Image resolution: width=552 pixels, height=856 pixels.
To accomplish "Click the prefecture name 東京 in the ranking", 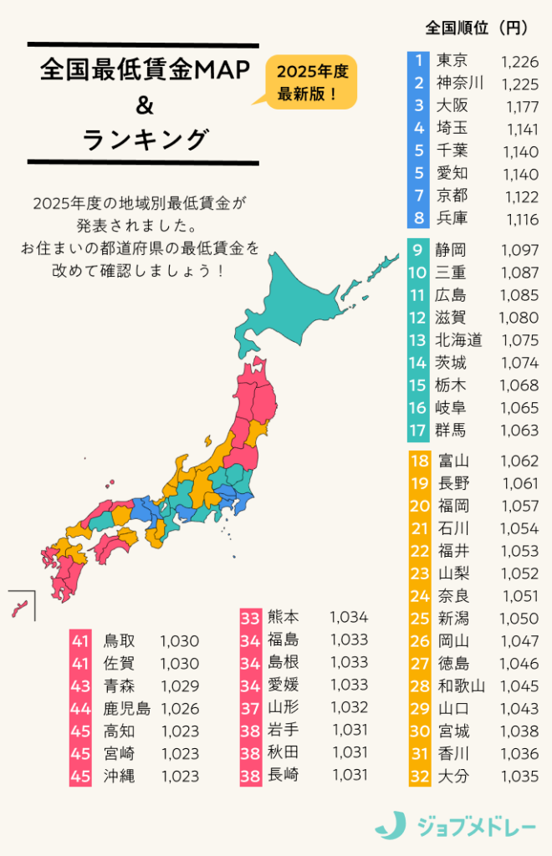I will click(452, 60).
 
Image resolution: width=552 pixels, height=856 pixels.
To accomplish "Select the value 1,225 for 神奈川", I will click(519, 83).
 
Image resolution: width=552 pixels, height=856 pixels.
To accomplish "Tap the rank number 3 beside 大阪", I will click(419, 105).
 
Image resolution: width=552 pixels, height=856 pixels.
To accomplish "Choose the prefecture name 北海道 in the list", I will click(459, 340).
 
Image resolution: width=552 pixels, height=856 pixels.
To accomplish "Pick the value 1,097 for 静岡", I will click(519, 250).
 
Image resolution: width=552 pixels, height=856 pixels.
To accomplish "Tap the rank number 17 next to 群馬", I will click(419, 431).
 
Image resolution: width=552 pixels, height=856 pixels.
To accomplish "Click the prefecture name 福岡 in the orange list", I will click(452, 506).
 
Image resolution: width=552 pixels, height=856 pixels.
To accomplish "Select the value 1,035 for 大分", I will click(519, 777).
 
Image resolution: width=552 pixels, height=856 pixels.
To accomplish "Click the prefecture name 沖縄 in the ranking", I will click(119, 776).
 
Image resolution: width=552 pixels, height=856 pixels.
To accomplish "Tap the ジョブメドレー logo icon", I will click(390, 825).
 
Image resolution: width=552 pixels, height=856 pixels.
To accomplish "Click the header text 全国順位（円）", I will click(476, 28).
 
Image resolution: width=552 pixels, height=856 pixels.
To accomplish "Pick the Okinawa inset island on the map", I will click(20, 607).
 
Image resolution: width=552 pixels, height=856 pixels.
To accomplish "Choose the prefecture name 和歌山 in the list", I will click(461, 686).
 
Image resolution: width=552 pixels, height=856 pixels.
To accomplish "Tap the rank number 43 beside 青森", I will click(80, 686).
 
